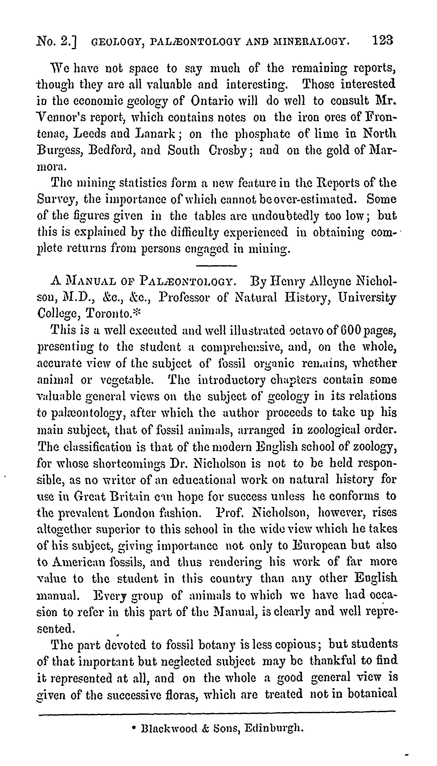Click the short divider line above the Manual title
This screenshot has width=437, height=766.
tap(216, 266)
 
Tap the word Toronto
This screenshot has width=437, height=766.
tap(108, 314)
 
